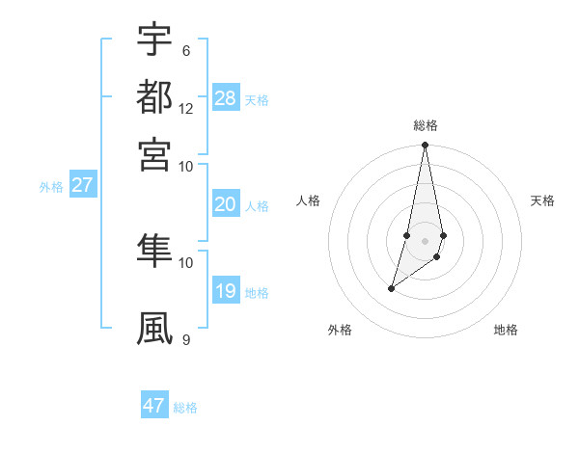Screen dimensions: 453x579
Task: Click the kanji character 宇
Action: tap(154, 40)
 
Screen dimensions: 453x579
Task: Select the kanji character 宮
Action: tap(154, 153)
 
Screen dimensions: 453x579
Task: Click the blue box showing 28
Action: tap(226, 98)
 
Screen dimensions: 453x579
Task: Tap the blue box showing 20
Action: tap(226, 204)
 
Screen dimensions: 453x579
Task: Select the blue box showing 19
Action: tap(226, 292)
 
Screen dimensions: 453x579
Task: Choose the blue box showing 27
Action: tap(82, 186)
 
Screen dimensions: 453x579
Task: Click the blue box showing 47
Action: tap(154, 406)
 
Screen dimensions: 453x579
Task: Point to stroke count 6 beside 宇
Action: tap(185, 50)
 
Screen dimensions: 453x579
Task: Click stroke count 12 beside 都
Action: tap(186, 108)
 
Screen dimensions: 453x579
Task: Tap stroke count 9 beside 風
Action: tap(185, 339)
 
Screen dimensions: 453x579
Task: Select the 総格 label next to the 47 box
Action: tap(185, 408)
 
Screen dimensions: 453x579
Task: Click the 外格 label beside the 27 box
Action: tap(51, 188)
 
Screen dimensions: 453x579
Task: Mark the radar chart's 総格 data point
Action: tap(425, 146)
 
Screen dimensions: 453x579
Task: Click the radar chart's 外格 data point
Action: tap(391, 288)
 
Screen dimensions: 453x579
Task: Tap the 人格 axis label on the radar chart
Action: tap(309, 200)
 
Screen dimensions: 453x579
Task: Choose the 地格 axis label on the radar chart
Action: tap(506, 330)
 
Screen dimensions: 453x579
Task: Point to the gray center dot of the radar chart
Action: tap(425, 241)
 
